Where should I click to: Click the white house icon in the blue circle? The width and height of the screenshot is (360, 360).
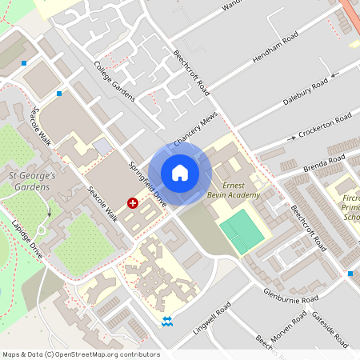[x=180, y=173]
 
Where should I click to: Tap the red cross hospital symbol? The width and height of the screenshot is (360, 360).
[x=133, y=204]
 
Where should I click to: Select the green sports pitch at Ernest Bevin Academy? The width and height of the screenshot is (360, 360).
[x=241, y=231]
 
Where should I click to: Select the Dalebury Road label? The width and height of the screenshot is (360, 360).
[x=306, y=90]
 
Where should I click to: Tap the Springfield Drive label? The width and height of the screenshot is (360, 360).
[x=148, y=185]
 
